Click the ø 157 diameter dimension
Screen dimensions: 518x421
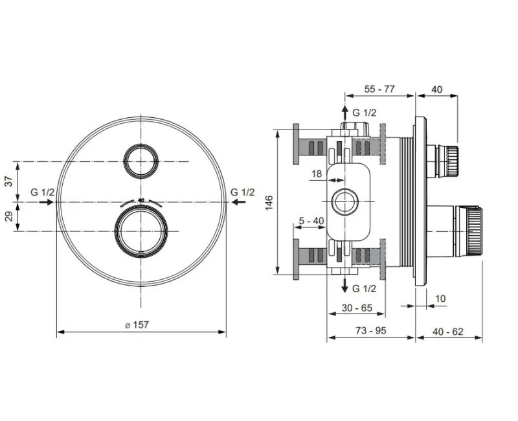tap(137, 325)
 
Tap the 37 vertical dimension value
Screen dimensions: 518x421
tap(9, 181)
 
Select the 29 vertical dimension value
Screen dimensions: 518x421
tap(9, 216)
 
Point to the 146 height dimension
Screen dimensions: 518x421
tap(269, 203)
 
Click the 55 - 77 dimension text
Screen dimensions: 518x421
tap(379, 89)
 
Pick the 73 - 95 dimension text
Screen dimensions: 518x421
tap(370, 330)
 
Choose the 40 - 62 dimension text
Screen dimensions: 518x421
tap(448, 332)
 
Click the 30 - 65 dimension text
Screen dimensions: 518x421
tap(357, 308)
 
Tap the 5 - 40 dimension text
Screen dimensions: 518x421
tap(311, 220)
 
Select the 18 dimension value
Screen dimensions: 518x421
tap(317, 174)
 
